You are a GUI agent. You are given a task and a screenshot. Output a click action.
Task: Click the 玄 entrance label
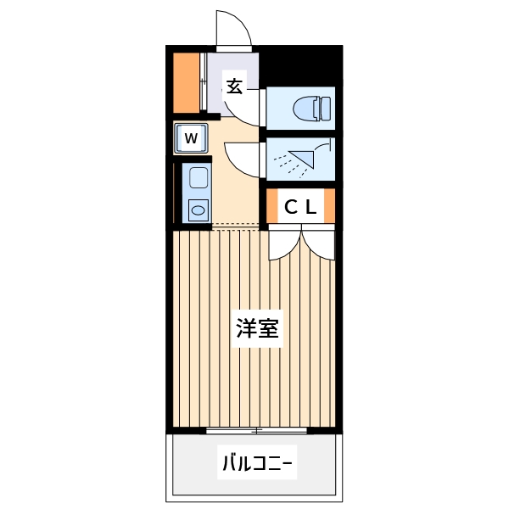coord(234,85)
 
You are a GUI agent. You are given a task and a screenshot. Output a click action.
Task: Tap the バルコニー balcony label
coord(257,464)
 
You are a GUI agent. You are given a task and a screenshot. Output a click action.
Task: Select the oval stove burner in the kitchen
coord(198,209)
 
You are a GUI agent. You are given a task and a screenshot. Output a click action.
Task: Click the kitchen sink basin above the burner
coord(198,179)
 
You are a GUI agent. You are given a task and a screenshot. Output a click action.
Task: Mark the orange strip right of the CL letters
coord(330,206)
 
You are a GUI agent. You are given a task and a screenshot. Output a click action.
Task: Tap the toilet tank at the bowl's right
coord(324,108)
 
